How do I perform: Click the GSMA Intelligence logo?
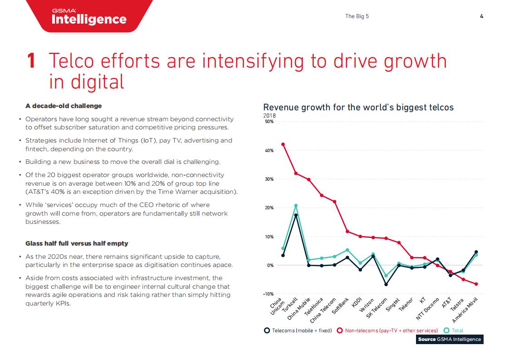[x=89, y=16]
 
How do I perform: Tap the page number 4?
[x=481, y=16]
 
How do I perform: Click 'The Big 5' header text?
[x=357, y=16]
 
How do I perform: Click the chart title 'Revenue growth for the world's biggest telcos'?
[x=358, y=107]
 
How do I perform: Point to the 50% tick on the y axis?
[x=269, y=122]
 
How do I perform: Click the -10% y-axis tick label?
[x=269, y=294]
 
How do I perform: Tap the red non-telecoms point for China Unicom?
[x=283, y=144]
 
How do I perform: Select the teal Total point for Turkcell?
[x=296, y=206]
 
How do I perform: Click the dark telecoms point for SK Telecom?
[x=386, y=285]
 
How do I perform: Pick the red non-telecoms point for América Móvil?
[x=476, y=284]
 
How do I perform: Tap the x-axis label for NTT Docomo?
[x=429, y=311]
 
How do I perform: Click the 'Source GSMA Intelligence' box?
[x=449, y=340]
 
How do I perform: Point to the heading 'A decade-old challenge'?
[x=64, y=106]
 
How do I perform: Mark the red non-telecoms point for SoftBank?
[x=347, y=232]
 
